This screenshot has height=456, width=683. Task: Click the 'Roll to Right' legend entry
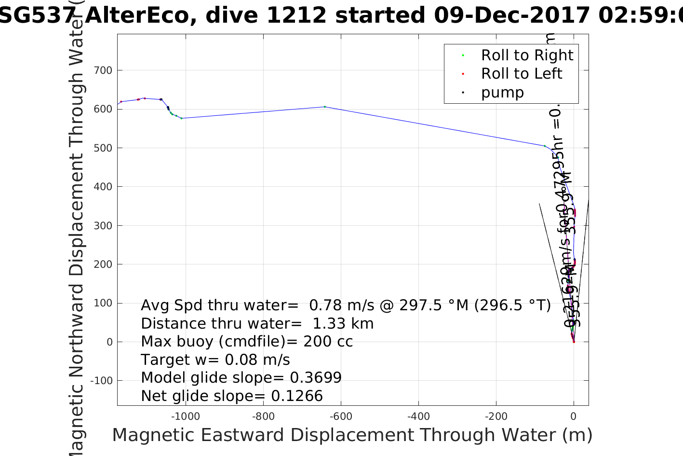pos(527,55)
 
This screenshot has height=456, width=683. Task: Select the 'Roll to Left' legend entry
pos(521,74)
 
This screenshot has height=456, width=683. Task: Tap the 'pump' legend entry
pos(502,93)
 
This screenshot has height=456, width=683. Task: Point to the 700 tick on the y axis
pos(102,70)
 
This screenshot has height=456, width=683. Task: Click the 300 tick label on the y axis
pos(102,226)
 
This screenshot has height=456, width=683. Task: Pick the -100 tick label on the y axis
pos(101,381)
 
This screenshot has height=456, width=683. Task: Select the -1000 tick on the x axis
pos(186,416)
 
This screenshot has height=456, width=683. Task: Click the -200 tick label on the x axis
pos(496,416)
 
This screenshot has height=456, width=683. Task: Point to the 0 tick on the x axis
pos(574,416)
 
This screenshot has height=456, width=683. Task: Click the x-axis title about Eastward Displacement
pos(352,435)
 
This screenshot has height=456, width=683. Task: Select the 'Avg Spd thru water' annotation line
pos(346,305)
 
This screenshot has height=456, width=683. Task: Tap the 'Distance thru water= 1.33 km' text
pos(257,324)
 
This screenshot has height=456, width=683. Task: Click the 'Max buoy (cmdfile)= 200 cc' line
pos(247,342)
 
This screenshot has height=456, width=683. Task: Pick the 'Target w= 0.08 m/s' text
pos(215,360)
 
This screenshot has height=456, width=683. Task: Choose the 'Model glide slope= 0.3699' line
pos(241,378)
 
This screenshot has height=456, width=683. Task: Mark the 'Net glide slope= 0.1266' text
pos(232,396)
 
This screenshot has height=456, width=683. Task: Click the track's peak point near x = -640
pos(325,107)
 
